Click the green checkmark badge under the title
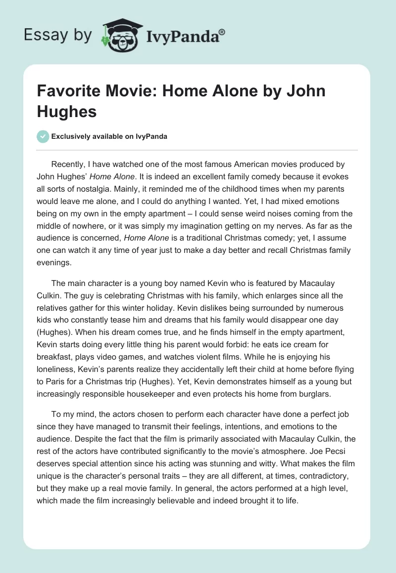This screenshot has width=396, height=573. click(43, 136)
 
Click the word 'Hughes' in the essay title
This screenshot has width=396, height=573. click(67, 111)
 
